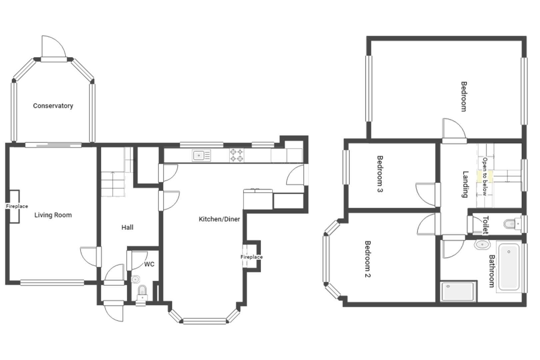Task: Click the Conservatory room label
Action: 53,106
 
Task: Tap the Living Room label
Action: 53,215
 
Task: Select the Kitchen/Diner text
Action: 219,219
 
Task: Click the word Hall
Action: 127,227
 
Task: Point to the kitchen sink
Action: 201,156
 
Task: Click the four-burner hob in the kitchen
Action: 236,155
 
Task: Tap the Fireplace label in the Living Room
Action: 17,206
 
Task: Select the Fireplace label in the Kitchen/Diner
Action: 251,257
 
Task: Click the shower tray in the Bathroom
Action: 458,291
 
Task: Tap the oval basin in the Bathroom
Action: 482,245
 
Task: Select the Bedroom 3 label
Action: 380,174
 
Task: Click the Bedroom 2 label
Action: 368,259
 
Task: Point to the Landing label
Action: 466,184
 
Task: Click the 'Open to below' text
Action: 485,176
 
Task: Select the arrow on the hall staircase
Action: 113,184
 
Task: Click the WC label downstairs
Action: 149,264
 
